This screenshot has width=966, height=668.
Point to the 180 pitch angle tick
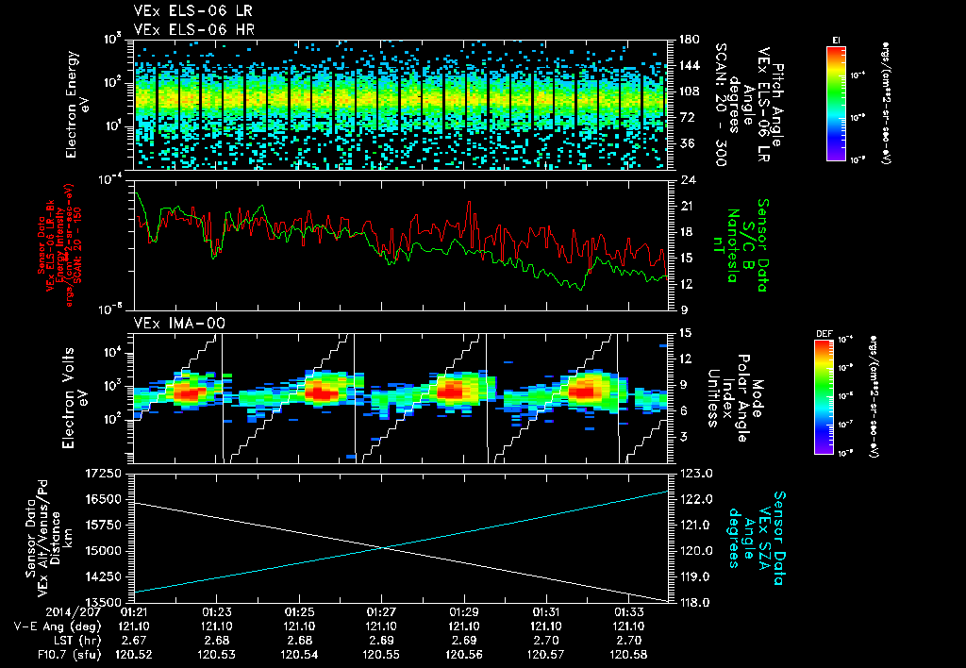(x=688, y=40)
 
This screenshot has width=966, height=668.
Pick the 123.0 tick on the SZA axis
(x=693, y=473)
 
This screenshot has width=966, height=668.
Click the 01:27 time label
(x=381, y=611)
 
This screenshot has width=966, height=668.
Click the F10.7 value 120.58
(x=628, y=653)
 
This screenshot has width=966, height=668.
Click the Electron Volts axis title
(x=77, y=396)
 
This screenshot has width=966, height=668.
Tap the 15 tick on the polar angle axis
(x=685, y=332)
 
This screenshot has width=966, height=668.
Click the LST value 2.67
(x=136, y=639)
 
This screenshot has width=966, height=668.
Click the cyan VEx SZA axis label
(x=764, y=538)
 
